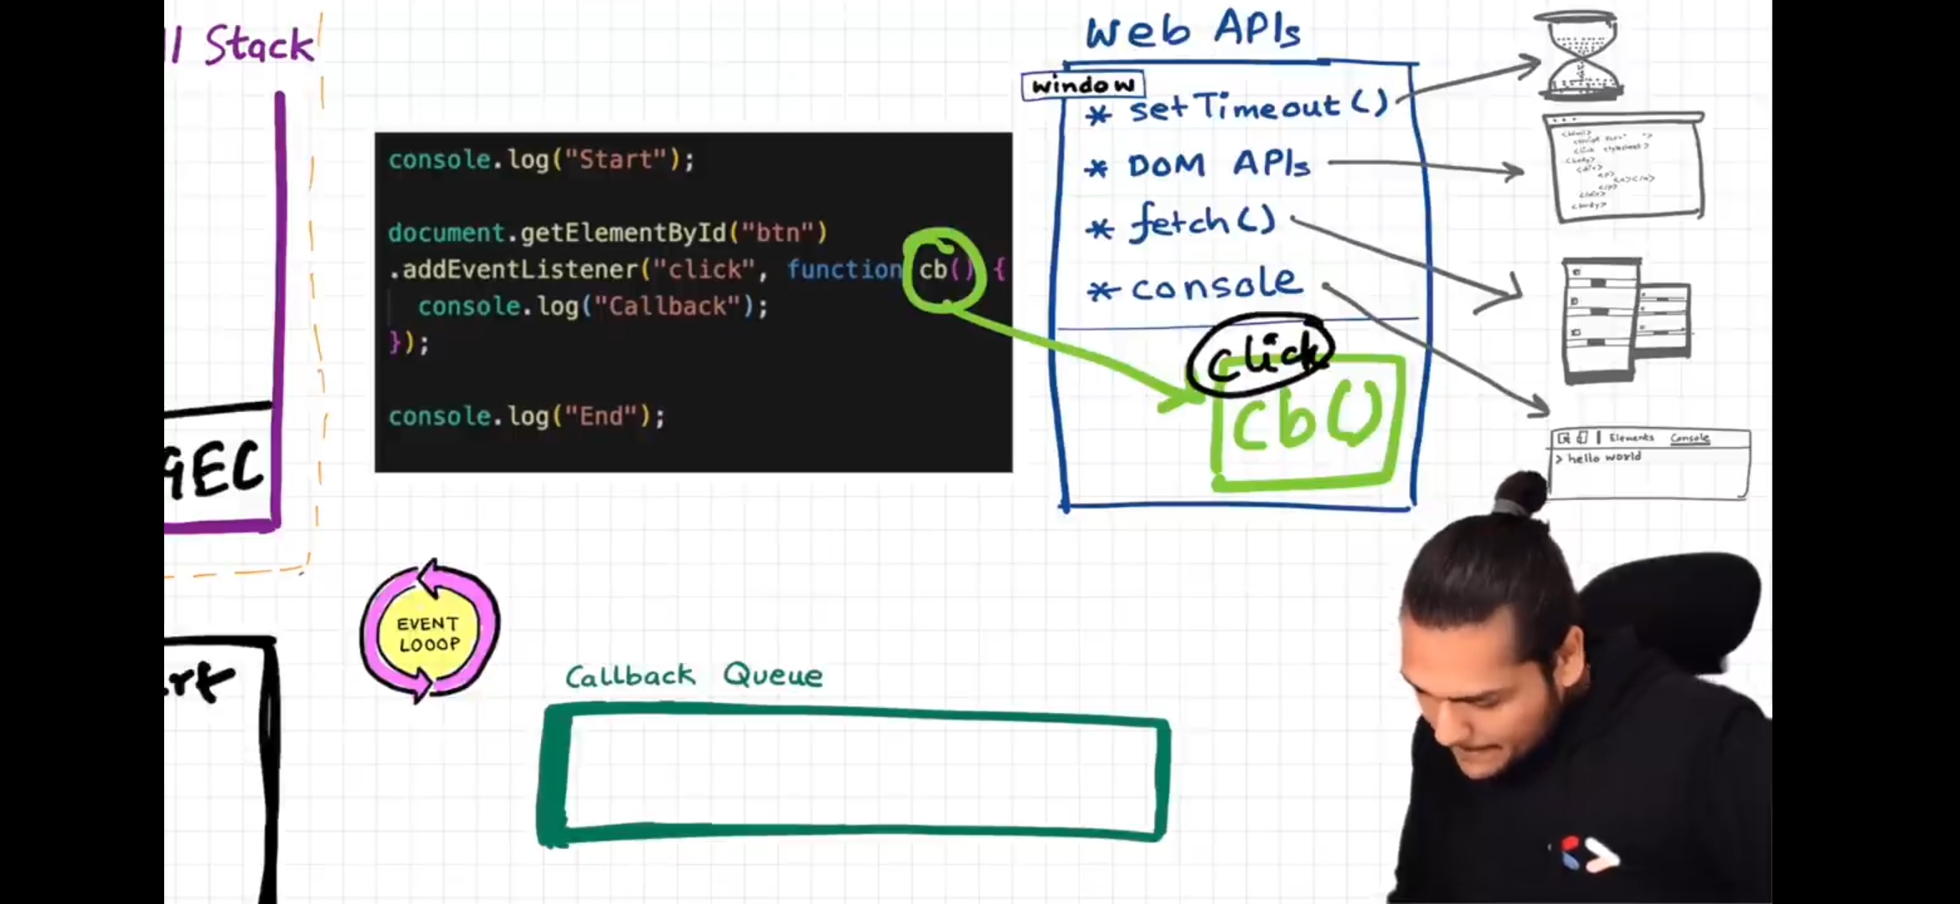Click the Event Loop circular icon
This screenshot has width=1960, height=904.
point(430,632)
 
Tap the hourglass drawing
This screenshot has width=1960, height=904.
point(1581,54)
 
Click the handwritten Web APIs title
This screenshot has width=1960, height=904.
point(1193,32)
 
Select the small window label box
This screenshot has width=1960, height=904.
point(1082,85)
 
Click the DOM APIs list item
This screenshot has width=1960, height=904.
point(1218,165)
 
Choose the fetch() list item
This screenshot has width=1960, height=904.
point(1202,223)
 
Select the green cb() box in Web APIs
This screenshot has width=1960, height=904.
point(1308,423)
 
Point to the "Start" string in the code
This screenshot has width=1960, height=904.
point(616,160)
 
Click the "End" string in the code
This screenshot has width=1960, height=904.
point(601,416)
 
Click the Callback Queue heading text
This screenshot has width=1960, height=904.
point(694,675)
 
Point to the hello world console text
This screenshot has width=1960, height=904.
point(1603,458)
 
